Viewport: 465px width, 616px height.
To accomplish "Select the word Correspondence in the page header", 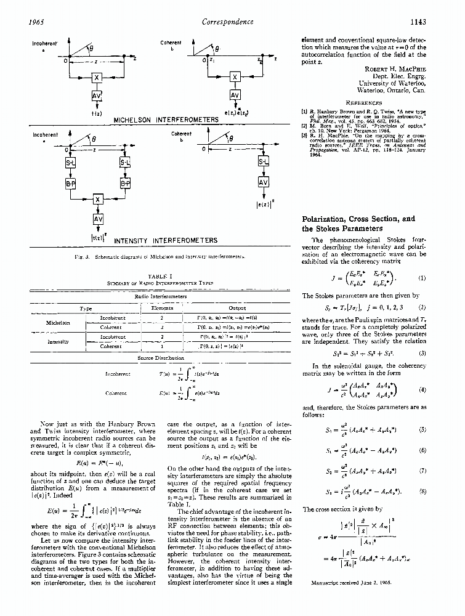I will pos(228,22).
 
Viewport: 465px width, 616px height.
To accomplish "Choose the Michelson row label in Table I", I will pos(57,322).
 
